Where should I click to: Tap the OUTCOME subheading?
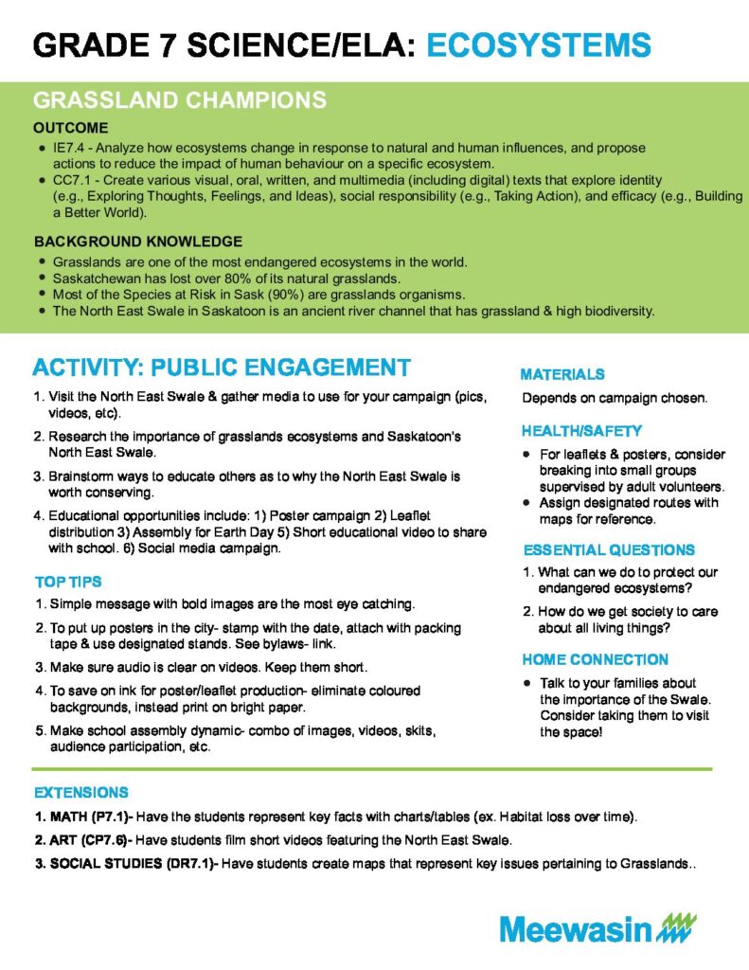pos(71,128)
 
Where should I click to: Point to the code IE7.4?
pos(68,149)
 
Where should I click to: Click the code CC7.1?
pos(71,179)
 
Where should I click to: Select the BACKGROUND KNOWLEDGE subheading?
pos(138,242)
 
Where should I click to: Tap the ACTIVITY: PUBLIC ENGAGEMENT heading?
pos(222,368)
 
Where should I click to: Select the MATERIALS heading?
pos(562,375)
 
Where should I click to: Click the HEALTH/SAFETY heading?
pos(581,430)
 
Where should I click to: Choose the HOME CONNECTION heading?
pos(595,659)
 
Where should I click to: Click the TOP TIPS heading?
pos(67,581)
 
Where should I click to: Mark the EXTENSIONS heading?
pos(80,792)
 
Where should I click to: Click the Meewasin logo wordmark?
pos(576,929)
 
